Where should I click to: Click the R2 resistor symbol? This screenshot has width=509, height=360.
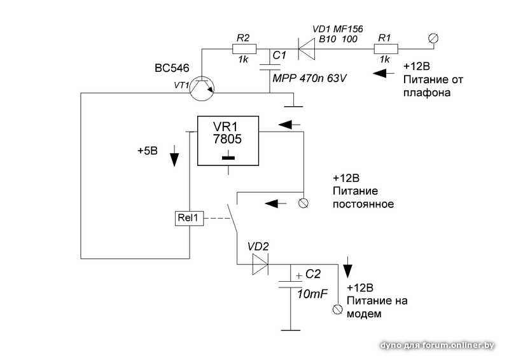pyautogui.click(x=244, y=49)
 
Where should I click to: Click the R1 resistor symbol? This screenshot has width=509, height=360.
pyautogui.click(x=386, y=49)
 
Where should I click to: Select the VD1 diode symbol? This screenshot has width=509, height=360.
pyautogui.click(x=307, y=49)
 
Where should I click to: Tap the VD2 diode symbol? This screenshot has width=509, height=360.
pyautogui.click(x=260, y=264)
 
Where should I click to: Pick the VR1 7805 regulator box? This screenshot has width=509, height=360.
pyautogui.click(x=228, y=141)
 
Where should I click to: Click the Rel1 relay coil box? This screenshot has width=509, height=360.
pyautogui.click(x=189, y=218)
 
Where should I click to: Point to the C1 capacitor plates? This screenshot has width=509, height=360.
pyautogui.click(x=269, y=67)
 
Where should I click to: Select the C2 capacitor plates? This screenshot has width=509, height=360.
pyautogui.click(x=291, y=284)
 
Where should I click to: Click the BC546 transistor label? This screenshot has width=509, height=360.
pyautogui.click(x=172, y=68)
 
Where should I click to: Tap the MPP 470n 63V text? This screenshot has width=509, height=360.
pyautogui.click(x=310, y=78)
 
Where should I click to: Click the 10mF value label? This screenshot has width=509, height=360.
pyautogui.click(x=312, y=294)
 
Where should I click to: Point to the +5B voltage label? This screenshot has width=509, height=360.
pyautogui.click(x=148, y=151)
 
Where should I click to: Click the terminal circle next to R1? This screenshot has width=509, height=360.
pyautogui.click(x=433, y=38)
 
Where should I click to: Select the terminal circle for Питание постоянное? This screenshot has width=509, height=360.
pyautogui.click(x=303, y=203)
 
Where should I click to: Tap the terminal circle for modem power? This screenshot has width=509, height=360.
pyautogui.click(x=338, y=309)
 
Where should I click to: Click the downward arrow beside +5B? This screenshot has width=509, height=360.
pyautogui.click(x=174, y=156)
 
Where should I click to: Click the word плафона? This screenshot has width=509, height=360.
pyautogui.click(x=427, y=93)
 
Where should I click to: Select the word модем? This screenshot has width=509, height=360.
pyautogui.click(x=364, y=314)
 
